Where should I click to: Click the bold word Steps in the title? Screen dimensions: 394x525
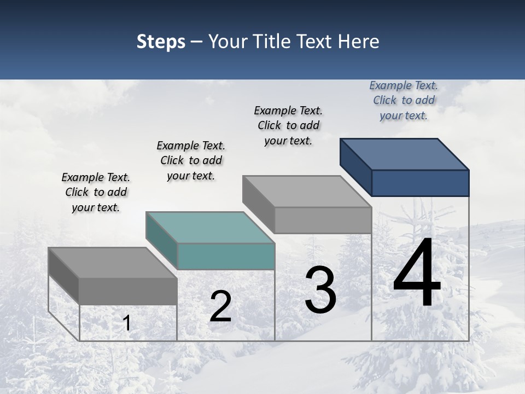click(x=161, y=42)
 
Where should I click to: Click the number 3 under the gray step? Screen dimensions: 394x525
click(x=320, y=290)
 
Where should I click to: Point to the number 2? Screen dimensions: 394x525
click(x=220, y=306)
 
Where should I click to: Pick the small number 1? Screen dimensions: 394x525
click(x=127, y=323)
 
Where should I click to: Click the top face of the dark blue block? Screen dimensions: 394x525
click(x=405, y=154)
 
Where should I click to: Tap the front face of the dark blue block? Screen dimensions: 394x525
click(x=420, y=183)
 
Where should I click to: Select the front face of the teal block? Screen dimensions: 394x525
click(x=226, y=257)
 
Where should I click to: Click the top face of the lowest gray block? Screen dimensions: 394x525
click(x=113, y=263)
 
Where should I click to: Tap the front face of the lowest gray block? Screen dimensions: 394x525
click(x=128, y=291)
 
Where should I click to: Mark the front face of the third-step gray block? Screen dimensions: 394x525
click(x=323, y=220)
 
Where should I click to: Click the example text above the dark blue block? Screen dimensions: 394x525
click(x=404, y=100)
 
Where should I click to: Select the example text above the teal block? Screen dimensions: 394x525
click(x=191, y=160)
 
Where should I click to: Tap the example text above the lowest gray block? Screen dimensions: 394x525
click(x=96, y=192)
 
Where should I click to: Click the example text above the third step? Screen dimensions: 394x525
click(x=288, y=125)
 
